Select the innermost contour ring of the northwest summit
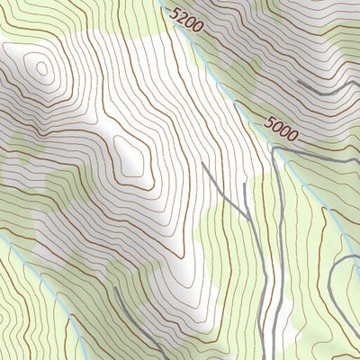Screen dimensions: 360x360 click(40, 68)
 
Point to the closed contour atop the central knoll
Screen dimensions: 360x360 click(130, 155)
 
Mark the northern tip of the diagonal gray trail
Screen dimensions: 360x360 click(202, 164)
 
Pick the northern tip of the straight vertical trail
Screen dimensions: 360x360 click(245, 185)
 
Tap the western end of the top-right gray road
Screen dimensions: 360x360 click(300, 83)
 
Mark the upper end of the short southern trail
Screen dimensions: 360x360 click(118, 290)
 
